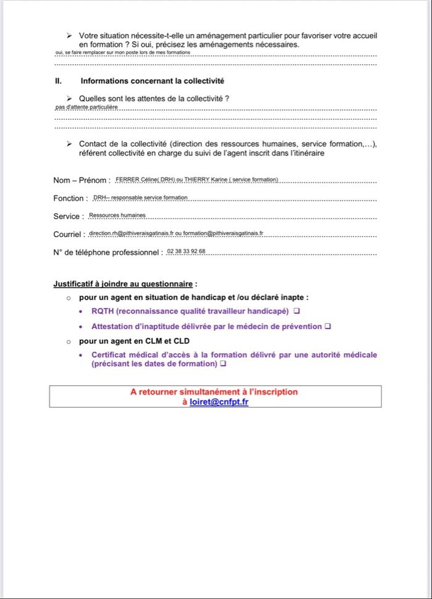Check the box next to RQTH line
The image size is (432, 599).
tap(297, 310)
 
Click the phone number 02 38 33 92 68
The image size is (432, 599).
tap(186, 252)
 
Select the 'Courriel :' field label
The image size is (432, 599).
tap(69, 235)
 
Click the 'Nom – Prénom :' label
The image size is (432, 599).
tap(81, 180)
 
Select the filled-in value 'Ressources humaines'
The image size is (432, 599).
tap(117, 216)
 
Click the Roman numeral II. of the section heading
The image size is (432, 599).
tap(58, 81)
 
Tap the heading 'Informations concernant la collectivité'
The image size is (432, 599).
tap(152, 81)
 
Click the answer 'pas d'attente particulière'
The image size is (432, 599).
tap(86, 107)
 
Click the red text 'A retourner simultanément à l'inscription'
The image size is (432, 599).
tap(214, 392)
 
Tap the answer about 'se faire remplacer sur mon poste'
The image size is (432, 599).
tap(123, 53)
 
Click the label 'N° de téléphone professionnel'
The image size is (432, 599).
tap(107, 253)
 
